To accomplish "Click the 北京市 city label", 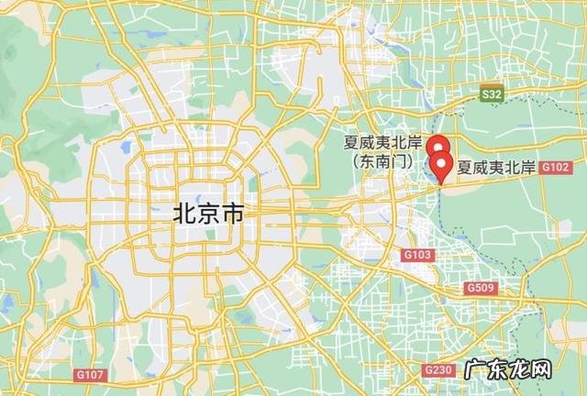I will click(208, 214).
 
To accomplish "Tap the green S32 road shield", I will click(493, 93).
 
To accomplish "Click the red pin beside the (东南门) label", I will click(439, 147).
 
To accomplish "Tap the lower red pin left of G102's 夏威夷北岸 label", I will click(443, 168).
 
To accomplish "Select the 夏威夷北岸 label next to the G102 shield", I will click(496, 168).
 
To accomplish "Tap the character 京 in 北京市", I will click(208, 214).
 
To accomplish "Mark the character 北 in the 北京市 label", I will click(184, 214).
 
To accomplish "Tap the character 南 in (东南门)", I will click(382, 160).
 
